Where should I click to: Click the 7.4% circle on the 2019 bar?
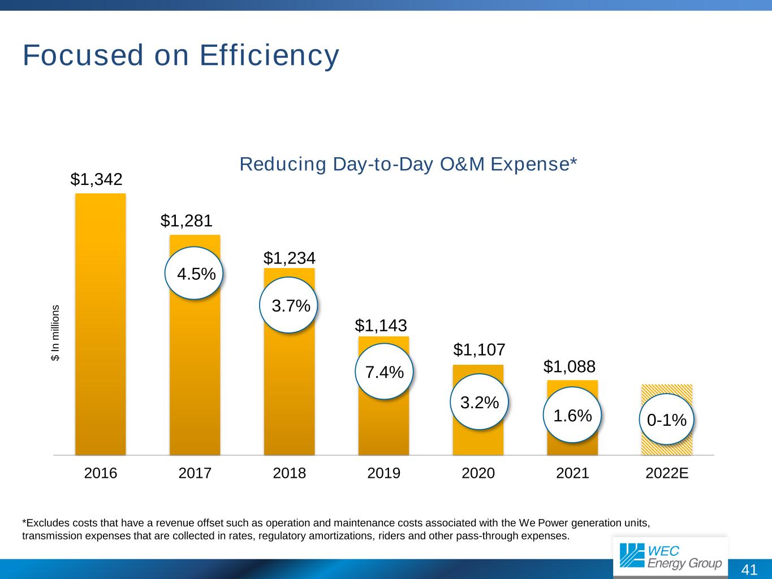pos(385,371)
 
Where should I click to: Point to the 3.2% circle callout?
pos(479,402)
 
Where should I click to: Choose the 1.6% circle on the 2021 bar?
pos(572,415)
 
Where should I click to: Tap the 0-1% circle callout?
pos(667,420)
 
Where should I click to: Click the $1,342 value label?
pos(97,179)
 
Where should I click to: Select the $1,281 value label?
pos(187,221)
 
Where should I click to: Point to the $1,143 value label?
pos(381,325)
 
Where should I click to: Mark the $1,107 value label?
pos(479,350)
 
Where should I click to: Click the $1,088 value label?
pos(570,367)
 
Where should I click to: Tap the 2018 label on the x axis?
pos(290,473)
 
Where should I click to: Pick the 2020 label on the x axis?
pos(478,473)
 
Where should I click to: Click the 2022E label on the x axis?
pos(667,473)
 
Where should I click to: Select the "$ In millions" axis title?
pos(55,333)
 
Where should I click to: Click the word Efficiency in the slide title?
pos(269,55)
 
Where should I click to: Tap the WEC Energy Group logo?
pos(670,556)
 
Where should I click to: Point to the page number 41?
pos(749,569)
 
